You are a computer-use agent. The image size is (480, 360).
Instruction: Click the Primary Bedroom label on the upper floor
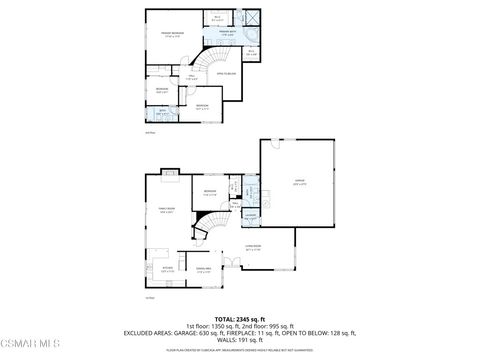172,34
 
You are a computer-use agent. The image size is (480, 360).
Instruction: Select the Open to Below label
225,73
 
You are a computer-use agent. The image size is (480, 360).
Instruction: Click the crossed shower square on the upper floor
252,19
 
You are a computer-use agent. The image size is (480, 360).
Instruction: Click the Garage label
299,183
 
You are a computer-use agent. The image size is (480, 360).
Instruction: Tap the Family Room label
167,210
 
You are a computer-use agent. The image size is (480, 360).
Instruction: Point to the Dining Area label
203,270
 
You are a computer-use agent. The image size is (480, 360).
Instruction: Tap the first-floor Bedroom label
210,192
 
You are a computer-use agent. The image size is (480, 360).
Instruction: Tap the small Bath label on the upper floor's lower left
161,112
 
